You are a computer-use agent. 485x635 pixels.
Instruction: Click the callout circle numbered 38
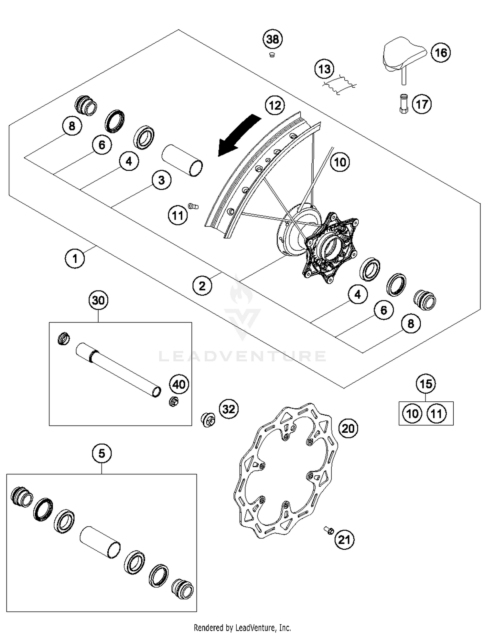point(272,39)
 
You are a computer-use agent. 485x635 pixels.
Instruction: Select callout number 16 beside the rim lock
point(441,53)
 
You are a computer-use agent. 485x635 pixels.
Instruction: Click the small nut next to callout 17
point(404,104)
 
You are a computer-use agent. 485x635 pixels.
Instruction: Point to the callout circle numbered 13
point(324,69)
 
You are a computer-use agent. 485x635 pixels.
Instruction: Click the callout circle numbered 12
point(275,105)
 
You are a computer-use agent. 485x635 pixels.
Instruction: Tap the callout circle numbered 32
point(229,409)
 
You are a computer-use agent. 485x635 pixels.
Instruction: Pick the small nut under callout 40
point(174,402)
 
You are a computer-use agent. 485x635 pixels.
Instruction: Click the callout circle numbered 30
point(98,300)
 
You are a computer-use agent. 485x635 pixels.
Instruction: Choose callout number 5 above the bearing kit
point(102,453)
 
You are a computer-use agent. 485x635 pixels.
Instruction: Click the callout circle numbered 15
point(426,384)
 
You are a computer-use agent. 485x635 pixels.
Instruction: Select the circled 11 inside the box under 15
point(436,414)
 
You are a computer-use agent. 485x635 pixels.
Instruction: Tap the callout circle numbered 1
point(75,259)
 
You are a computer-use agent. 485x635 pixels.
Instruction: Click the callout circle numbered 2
point(202,286)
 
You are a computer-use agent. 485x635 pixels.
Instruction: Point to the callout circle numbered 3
point(161,180)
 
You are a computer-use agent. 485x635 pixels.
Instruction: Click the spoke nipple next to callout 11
point(193,206)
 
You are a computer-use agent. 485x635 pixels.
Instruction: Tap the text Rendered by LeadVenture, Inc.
point(242,628)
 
